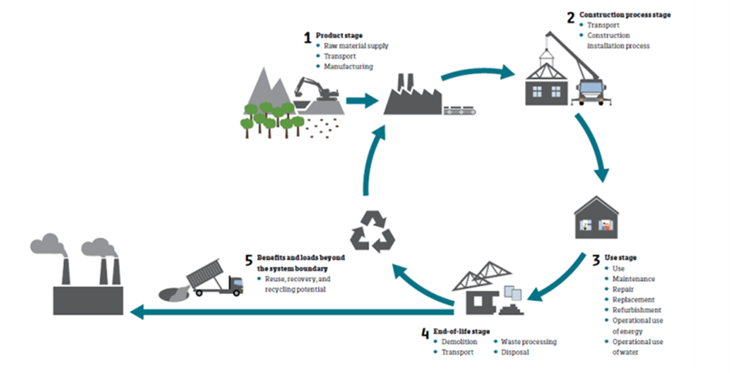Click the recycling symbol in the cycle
[x=374, y=229]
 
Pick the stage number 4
[x=426, y=330]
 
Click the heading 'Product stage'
[x=334, y=35]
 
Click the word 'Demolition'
[x=460, y=342]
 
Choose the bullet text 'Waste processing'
[x=532, y=342]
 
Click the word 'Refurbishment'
[x=639, y=309]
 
